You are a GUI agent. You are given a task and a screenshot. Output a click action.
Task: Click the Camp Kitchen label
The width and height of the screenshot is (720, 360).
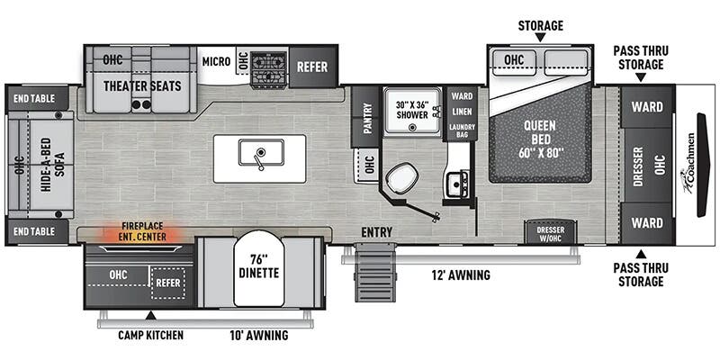[x=151, y=336]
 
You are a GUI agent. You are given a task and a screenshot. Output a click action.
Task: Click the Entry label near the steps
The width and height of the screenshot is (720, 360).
[x=376, y=233]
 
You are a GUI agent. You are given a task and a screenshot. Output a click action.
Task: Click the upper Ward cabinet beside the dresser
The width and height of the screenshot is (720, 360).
[x=647, y=107]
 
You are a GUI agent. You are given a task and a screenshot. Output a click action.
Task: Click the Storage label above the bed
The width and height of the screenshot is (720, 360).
[x=540, y=25]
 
